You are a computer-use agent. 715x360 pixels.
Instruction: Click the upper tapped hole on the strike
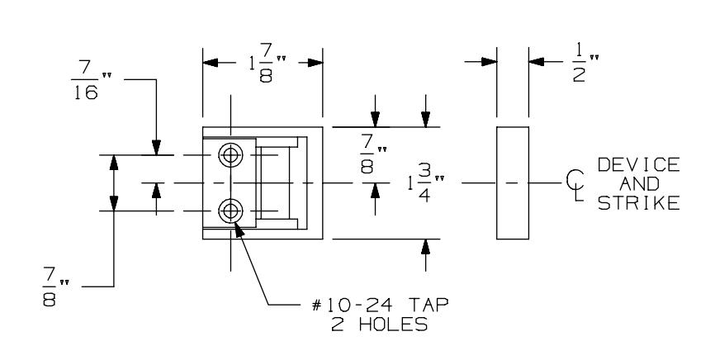[x=230, y=154]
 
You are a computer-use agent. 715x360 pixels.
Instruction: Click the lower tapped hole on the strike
[x=230, y=211]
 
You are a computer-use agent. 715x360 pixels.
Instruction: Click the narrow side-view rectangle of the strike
[x=512, y=182]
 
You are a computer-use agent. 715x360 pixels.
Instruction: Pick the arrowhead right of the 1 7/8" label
[x=313, y=63]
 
